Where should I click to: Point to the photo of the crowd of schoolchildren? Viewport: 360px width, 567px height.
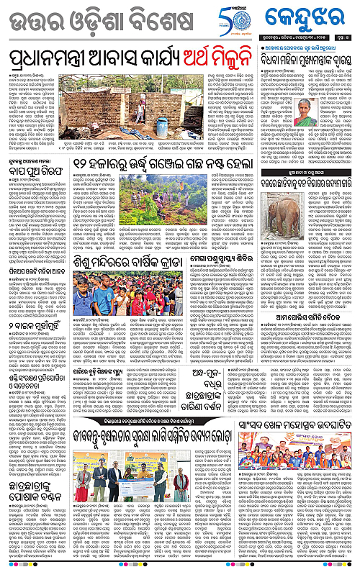point(112,300)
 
